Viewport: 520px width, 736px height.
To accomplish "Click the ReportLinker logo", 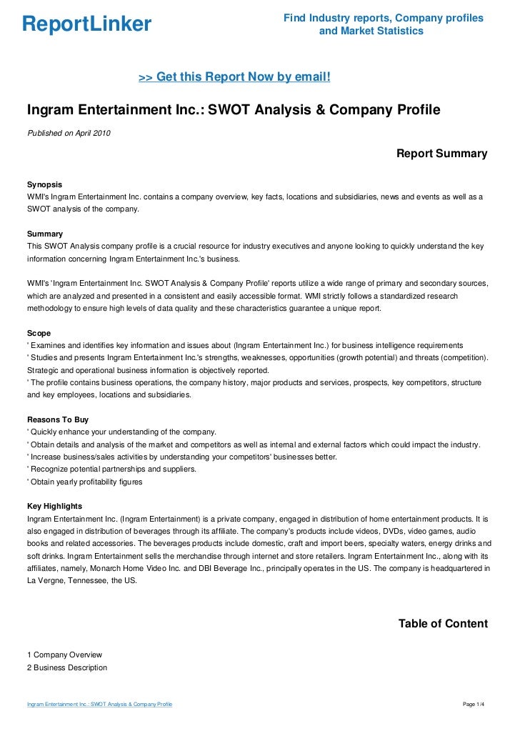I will click(86, 24).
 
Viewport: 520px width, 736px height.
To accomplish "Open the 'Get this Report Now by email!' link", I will click(234, 76).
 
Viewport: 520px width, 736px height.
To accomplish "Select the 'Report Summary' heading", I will click(441, 154).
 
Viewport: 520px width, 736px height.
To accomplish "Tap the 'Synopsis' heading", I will click(44, 184).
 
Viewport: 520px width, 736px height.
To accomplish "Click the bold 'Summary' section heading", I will click(44, 234).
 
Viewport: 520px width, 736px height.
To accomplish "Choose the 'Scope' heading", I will click(39, 333).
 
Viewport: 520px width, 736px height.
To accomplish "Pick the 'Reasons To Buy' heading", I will click(57, 419).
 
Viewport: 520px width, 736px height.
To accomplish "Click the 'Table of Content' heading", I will click(443, 624).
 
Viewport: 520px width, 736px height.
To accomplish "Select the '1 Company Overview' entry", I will click(64, 655).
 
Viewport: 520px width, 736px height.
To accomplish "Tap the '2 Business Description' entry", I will click(67, 667).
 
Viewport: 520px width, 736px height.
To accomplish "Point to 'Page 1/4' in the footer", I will click(474, 705).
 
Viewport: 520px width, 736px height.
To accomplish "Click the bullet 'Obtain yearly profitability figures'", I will click(86, 482).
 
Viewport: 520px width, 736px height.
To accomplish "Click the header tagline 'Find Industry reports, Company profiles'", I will click(383, 17).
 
